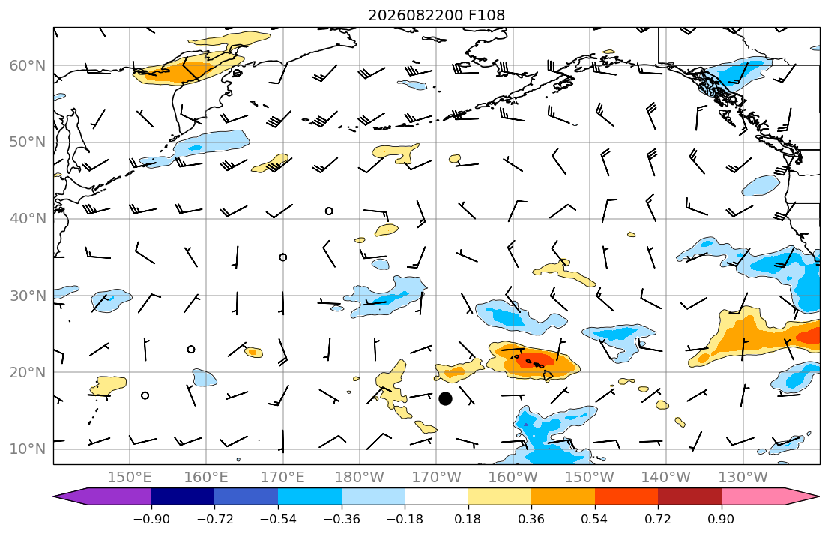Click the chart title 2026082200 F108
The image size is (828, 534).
[x=436, y=15]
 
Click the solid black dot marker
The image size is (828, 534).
[x=445, y=398]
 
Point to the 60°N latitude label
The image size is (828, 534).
[x=28, y=65]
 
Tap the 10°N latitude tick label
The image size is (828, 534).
[x=28, y=449]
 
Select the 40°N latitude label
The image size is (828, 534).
[x=28, y=219]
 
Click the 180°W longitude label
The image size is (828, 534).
[x=360, y=478]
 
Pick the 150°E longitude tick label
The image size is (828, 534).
[x=130, y=478]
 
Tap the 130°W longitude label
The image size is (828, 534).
[x=743, y=478]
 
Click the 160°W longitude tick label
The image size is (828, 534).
[x=513, y=478]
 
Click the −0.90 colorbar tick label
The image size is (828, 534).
[x=151, y=519]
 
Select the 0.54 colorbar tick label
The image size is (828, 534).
[x=595, y=519]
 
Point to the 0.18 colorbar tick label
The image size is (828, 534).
[x=468, y=519]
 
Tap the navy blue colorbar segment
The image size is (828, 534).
[x=183, y=496]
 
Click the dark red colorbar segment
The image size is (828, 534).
[x=689, y=496]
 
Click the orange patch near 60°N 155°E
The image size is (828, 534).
[x=185, y=71]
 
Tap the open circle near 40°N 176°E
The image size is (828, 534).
[x=329, y=211]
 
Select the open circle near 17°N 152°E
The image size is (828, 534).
[x=145, y=395]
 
